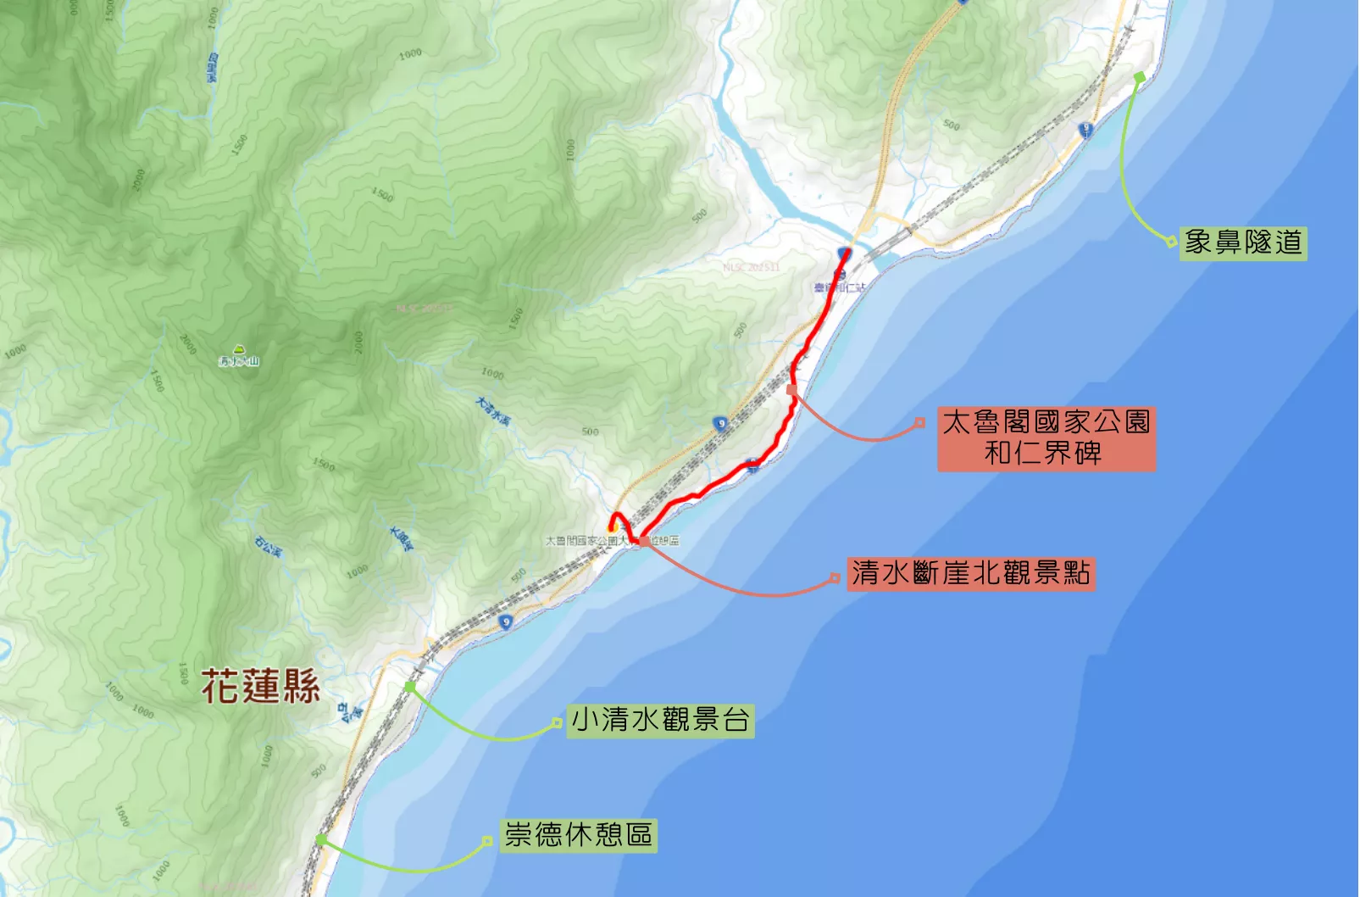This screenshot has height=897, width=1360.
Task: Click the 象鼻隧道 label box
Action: tap(1243, 243)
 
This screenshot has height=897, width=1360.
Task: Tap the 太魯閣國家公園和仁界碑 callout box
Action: tap(1046, 438)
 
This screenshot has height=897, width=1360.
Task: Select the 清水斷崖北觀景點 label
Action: tap(971, 574)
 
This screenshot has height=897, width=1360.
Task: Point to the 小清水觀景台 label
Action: tap(660, 721)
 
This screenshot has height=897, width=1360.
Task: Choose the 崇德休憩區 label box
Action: tap(579, 835)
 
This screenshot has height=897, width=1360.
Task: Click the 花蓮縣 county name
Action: tap(260, 686)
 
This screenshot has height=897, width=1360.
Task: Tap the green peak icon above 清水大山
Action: tap(239, 348)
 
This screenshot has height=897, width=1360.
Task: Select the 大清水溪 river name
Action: tap(493, 411)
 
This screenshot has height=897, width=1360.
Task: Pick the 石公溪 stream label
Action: tap(268, 547)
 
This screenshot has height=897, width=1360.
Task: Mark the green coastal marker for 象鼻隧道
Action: tap(1139, 77)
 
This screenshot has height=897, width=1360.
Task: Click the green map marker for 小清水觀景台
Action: tap(410, 687)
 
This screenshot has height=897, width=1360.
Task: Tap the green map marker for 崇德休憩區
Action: tap(320, 839)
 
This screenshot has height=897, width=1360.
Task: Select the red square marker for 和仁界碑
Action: tap(791, 389)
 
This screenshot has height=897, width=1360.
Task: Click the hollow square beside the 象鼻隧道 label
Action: tap(1172, 242)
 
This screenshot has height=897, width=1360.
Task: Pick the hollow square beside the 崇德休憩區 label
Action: tap(487, 841)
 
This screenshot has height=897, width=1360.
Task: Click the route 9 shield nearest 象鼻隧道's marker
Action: tap(1086, 130)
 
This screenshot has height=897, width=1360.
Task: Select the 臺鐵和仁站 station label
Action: tap(840, 288)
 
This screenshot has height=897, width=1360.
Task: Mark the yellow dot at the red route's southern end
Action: tap(612, 528)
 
